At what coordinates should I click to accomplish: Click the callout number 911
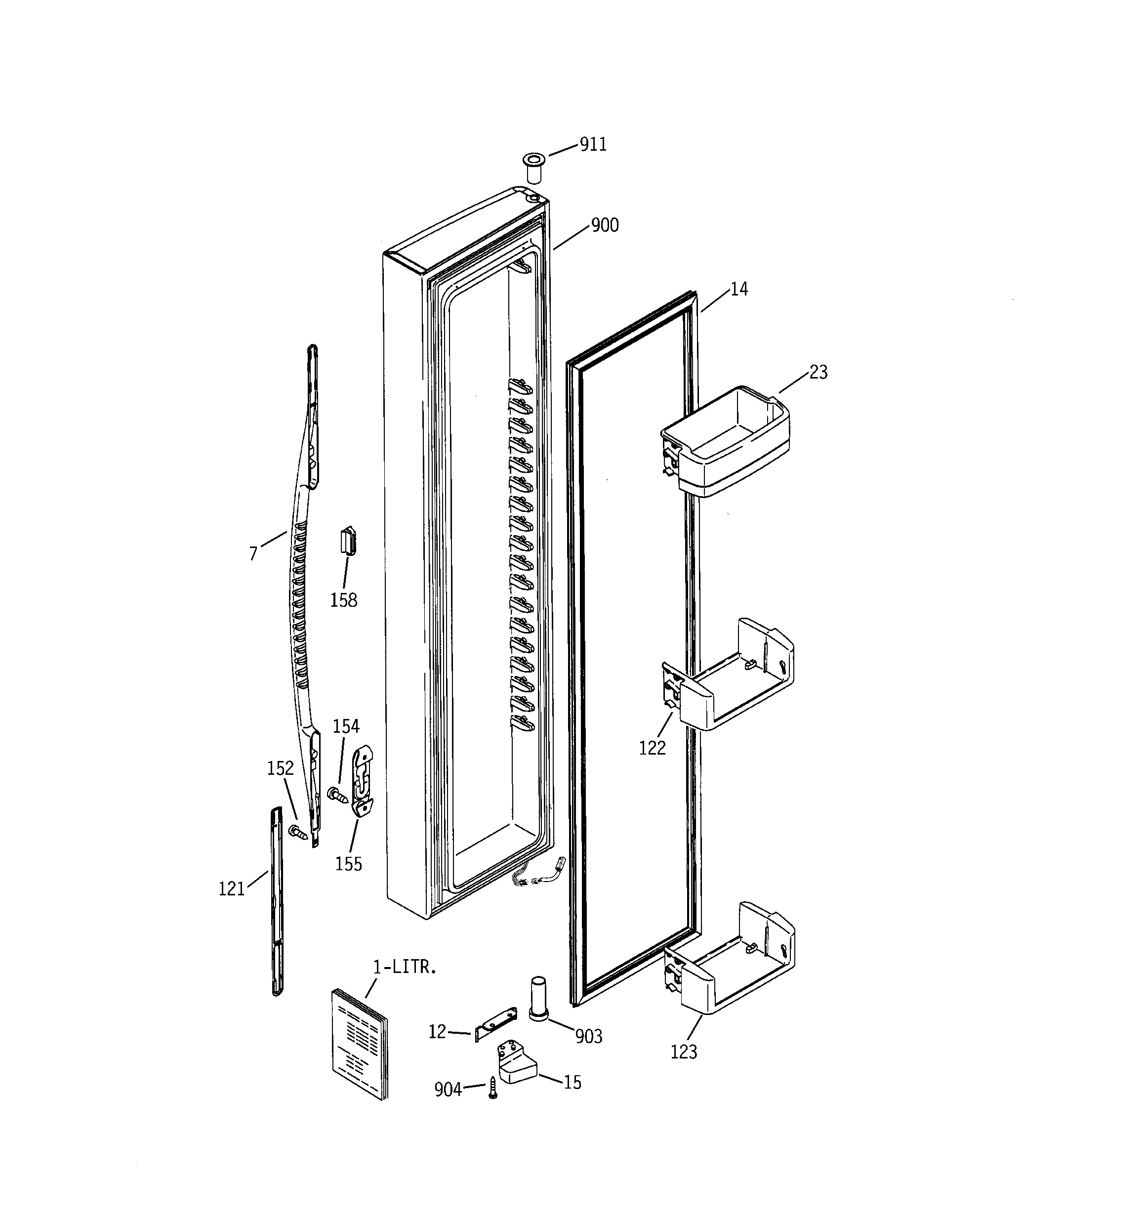click(593, 145)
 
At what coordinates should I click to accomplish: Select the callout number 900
click(605, 226)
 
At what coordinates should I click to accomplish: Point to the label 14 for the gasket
click(739, 289)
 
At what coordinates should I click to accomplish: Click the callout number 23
click(818, 372)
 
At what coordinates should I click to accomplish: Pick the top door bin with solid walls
click(726, 440)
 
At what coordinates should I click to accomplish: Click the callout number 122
click(652, 748)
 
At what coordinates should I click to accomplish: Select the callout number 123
click(684, 1052)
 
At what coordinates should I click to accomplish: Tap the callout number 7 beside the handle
click(253, 553)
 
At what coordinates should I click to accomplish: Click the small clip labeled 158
click(349, 542)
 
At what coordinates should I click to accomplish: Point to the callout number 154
click(346, 726)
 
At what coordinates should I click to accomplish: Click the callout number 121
click(231, 889)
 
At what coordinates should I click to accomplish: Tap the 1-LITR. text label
click(405, 967)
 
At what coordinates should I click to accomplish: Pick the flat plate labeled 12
click(496, 1024)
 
